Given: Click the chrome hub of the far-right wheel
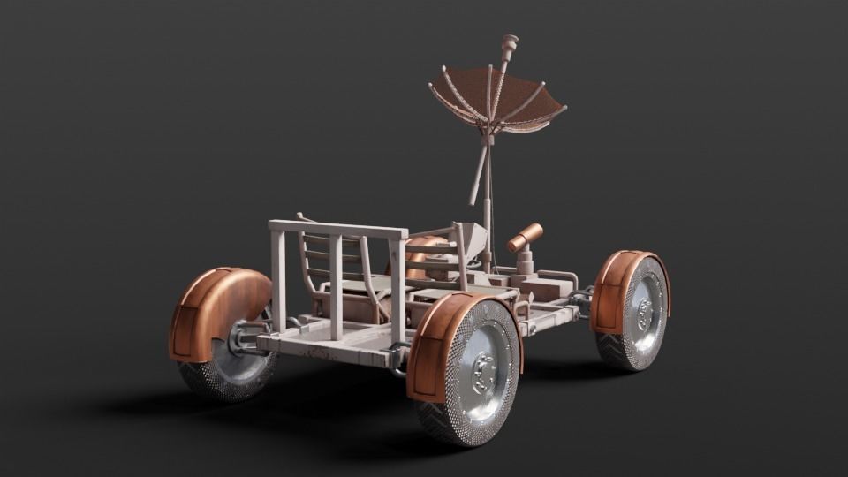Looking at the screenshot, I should [x=644, y=312].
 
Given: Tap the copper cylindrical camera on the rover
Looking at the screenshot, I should [x=525, y=237].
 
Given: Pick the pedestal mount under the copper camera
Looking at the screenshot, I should [x=526, y=261].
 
